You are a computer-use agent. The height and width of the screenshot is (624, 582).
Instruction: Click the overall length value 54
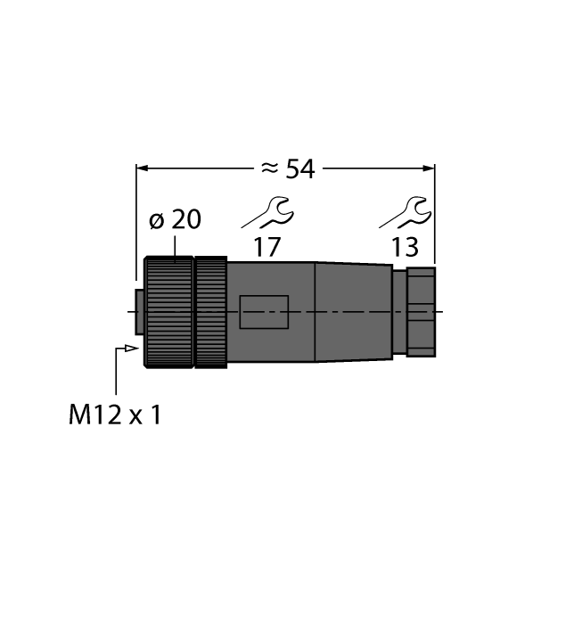point(299,168)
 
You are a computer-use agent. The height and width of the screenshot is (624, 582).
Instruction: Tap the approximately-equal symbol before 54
point(270,168)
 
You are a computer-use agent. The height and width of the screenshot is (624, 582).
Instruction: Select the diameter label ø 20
point(174,219)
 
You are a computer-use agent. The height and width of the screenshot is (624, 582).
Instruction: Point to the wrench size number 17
point(266,247)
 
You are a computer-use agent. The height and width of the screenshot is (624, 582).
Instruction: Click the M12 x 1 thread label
point(114,415)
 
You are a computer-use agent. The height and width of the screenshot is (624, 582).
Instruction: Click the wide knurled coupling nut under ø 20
point(169,311)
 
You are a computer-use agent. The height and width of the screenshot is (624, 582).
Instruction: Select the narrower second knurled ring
point(211,311)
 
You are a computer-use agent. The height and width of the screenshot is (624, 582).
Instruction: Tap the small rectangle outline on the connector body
point(264,312)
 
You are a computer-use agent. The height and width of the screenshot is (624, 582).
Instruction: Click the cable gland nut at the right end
point(420,311)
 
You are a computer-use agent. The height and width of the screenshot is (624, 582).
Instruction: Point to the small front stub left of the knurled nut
point(138,312)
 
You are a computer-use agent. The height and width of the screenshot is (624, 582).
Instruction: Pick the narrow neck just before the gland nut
point(398,311)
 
